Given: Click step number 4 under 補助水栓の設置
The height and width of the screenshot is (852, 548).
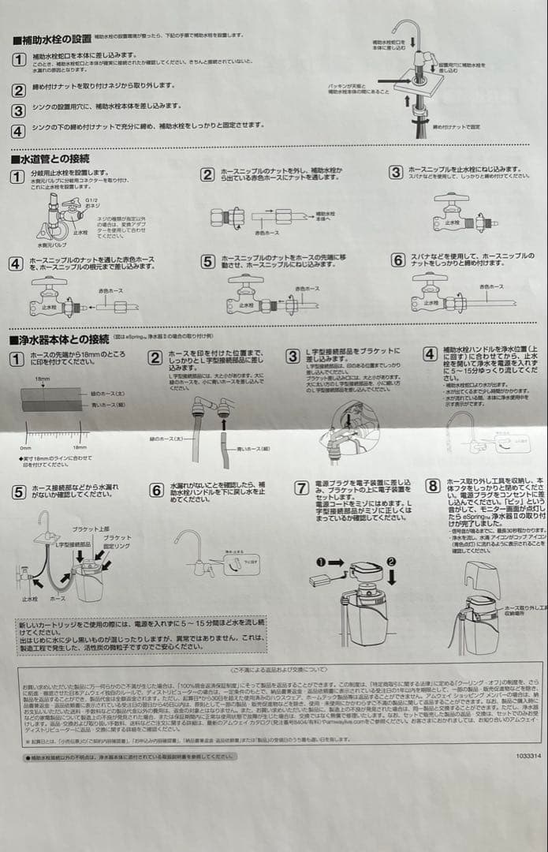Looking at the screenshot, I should [x=18, y=131].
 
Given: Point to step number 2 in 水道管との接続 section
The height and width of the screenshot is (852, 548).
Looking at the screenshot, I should [x=207, y=175].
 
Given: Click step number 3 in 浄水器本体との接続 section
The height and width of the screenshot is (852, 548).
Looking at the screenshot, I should [x=293, y=357].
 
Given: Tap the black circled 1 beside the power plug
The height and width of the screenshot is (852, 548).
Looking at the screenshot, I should [x=321, y=562].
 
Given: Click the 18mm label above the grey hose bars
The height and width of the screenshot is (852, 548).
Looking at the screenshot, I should [x=42, y=379].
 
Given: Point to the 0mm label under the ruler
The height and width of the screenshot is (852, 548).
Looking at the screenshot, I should [x=25, y=448].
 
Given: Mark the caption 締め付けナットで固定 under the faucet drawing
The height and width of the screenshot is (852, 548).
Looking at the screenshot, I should [x=457, y=126].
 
